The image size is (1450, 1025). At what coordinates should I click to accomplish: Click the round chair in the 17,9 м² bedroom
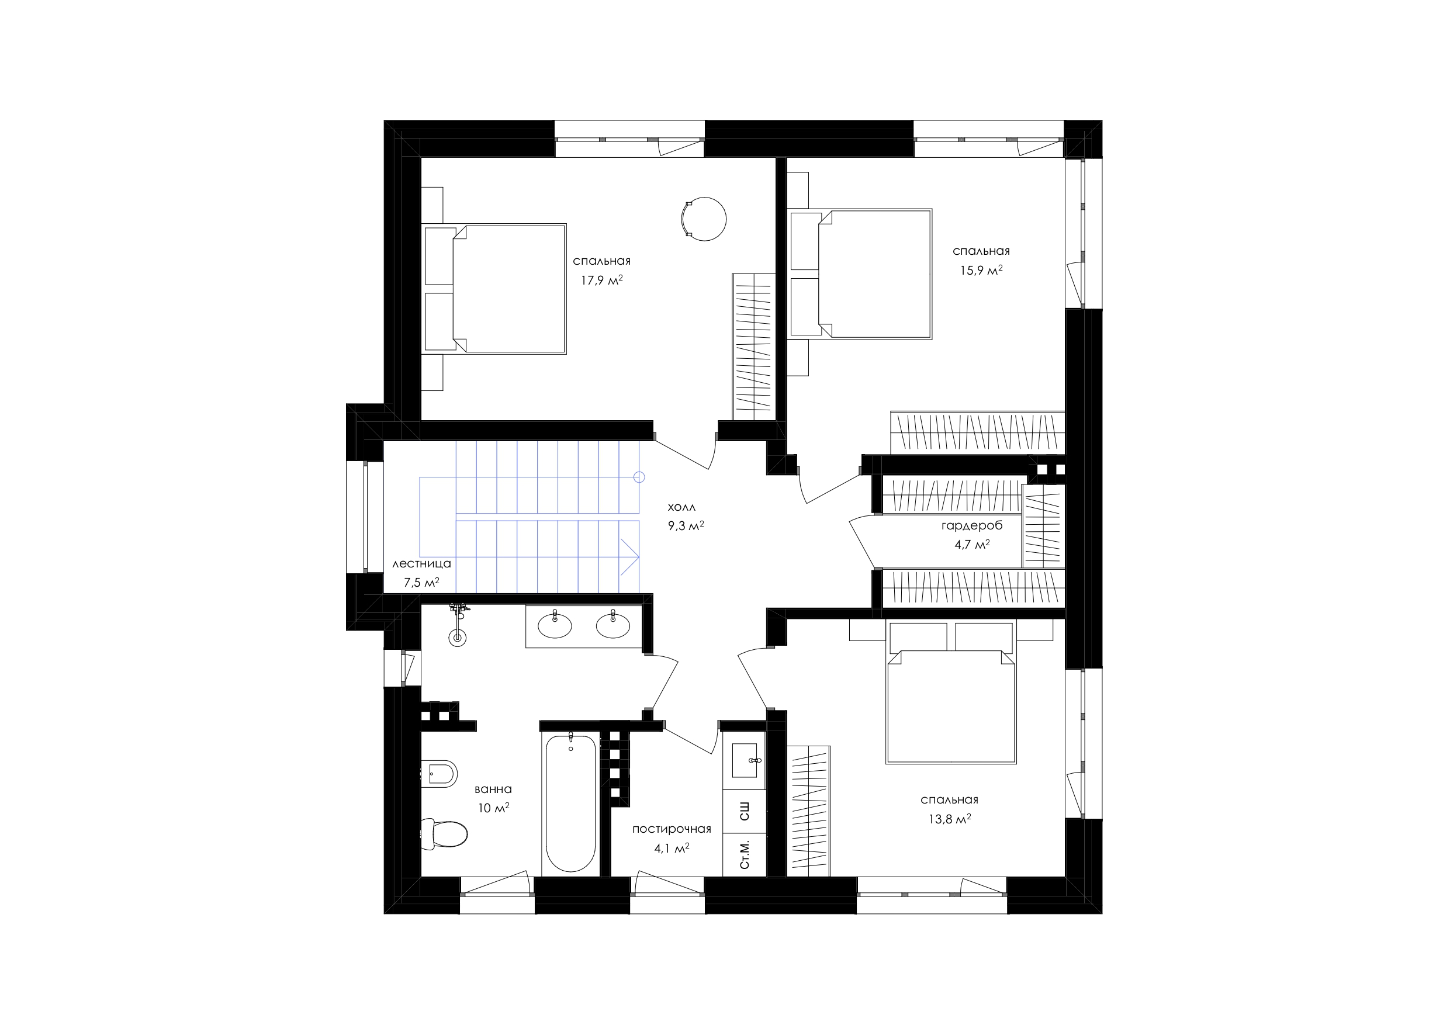pos(704,219)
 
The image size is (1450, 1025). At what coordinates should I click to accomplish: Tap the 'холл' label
pos(681,507)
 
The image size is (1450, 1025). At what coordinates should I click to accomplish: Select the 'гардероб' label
pos(972,526)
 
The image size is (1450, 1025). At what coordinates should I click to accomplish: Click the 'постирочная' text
pos(672,829)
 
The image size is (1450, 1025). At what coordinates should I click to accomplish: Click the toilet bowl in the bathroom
pos(445,834)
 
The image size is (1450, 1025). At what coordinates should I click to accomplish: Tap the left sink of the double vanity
pos(555,625)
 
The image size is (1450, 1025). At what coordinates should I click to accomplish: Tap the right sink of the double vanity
pos(613,625)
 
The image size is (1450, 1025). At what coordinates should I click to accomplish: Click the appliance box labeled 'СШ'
pos(745,812)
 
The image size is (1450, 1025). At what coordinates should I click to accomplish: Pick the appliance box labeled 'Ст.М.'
pos(745,854)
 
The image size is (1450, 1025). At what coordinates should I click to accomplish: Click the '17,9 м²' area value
pos(602,280)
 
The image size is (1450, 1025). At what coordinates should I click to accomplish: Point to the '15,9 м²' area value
pos(981,271)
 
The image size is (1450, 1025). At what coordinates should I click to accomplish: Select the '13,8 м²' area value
pos(950,819)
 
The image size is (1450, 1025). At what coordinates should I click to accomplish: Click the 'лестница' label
pos(422,564)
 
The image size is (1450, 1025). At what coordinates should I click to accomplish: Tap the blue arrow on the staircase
pos(629,557)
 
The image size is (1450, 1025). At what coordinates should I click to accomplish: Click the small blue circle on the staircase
pos(639,477)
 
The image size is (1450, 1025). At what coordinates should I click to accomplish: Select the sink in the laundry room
pos(747,760)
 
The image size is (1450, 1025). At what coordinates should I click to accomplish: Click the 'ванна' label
pos(493,789)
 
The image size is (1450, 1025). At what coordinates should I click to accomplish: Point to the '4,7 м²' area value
pos(972,545)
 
